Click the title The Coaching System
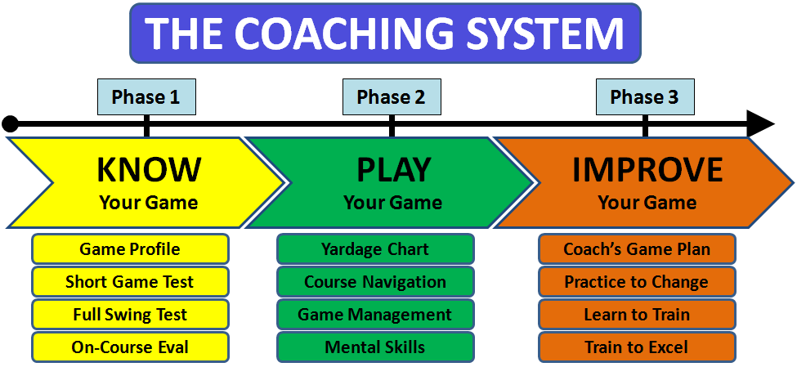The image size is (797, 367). (384, 33)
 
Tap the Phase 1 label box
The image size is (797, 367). (146, 97)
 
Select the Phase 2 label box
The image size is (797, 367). (392, 97)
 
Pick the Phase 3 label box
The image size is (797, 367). (645, 97)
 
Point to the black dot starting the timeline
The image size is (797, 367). (10, 124)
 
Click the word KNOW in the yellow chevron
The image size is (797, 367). (149, 169)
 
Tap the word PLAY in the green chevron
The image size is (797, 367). (393, 169)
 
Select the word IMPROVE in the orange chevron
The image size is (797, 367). (647, 169)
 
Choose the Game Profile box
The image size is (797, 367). (130, 249)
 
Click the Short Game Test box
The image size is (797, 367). (130, 282)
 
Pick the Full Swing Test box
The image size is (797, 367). (130, 315)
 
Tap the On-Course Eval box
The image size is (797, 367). (130, 347)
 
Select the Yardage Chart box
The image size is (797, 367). (375, 249)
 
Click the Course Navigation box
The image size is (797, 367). (375, 282)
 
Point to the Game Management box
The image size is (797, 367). (375, 315)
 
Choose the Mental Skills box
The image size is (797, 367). (375, 347)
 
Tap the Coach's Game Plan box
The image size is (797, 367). (637, 249)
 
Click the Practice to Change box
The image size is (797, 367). (637, 282)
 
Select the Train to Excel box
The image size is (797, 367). (637, 347)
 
